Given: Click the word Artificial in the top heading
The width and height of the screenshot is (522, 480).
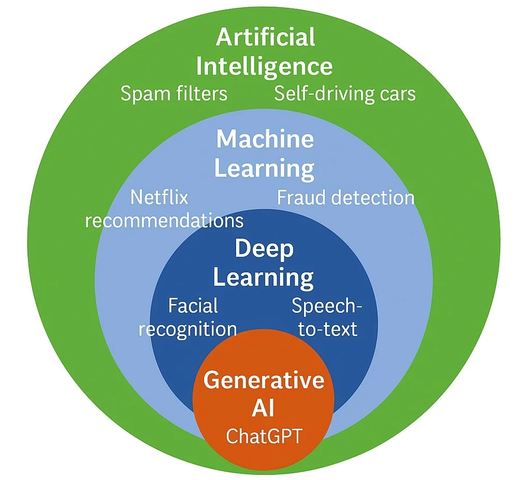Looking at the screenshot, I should (x=265, y=38).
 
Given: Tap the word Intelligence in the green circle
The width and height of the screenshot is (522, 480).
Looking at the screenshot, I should (x=264, y=67).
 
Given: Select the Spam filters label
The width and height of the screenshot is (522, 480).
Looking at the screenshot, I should (x=173, y=94).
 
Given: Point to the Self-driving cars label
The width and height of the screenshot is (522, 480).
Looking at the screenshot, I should (x=345, y=94).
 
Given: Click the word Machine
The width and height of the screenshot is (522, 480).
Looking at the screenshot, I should (x=265, y=139).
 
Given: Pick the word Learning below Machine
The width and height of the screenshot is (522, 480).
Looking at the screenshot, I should (x=264, y=169).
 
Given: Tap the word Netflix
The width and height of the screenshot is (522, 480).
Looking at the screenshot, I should (x=159, y=197).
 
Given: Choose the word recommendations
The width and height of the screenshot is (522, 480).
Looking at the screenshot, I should (x=164, y=221).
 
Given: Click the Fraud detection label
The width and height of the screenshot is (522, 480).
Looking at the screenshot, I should (x=346, y=197).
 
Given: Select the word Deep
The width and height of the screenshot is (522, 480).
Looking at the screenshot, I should (x=264, y=249).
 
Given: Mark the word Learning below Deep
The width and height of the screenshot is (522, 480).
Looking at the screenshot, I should (x=264, y=278).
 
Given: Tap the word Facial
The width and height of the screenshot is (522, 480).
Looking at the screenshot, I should (x=193, y=306).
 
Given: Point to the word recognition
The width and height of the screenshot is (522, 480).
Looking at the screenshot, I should (x=187, y=329).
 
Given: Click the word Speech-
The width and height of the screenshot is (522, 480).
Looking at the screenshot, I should (x=327, y=306).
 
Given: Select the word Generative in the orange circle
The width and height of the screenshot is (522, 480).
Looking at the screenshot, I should (x=264, y=381).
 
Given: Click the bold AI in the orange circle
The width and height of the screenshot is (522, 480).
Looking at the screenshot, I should (x=264, y=409).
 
